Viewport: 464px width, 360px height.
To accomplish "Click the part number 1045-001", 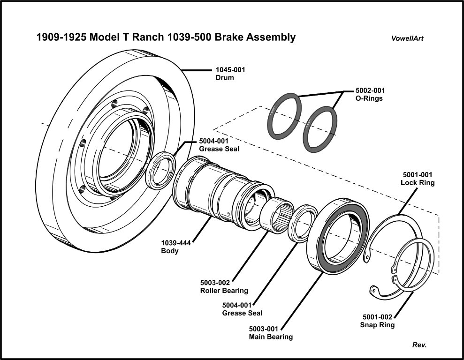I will click(230, 69).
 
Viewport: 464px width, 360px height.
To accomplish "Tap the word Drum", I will click(225, 77).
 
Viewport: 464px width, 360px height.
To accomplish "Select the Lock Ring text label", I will click(417, 182).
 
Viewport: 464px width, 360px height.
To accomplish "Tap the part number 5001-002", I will click(377, 317).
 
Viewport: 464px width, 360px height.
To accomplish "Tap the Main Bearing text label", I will click(271, 337).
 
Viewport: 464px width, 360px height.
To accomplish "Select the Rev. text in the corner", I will click(419, 345).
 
